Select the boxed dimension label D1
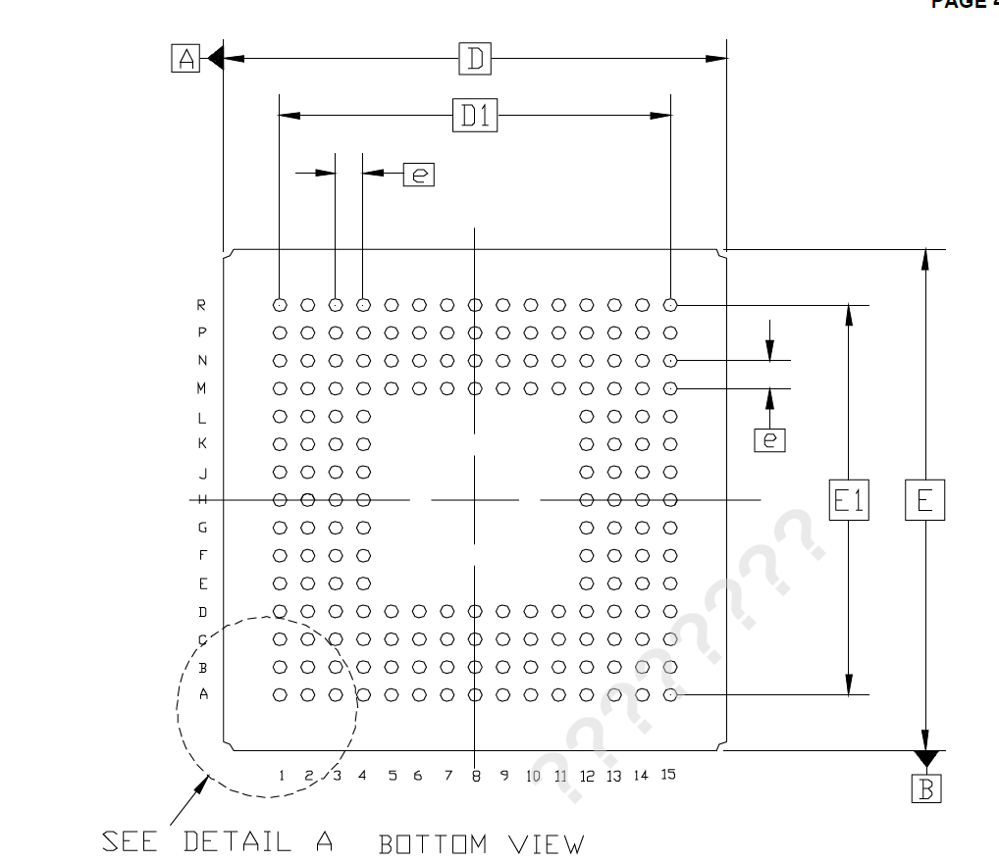click(x=475, y=117)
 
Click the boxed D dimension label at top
click(x=475, y=60)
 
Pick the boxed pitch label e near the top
click(x=419, y=175)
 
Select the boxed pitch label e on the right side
click(x=769, y=439)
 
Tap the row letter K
click(x=202, y=443)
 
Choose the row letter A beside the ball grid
click(x=203, y=694)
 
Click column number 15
click(x=667, y=775)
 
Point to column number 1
click(x=281, y=776)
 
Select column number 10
click(x=533, y=776)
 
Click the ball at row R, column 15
click(x=670, y=305)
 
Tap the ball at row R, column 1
click(x=280, y=305)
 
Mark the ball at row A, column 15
click(x=670, y=695)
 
